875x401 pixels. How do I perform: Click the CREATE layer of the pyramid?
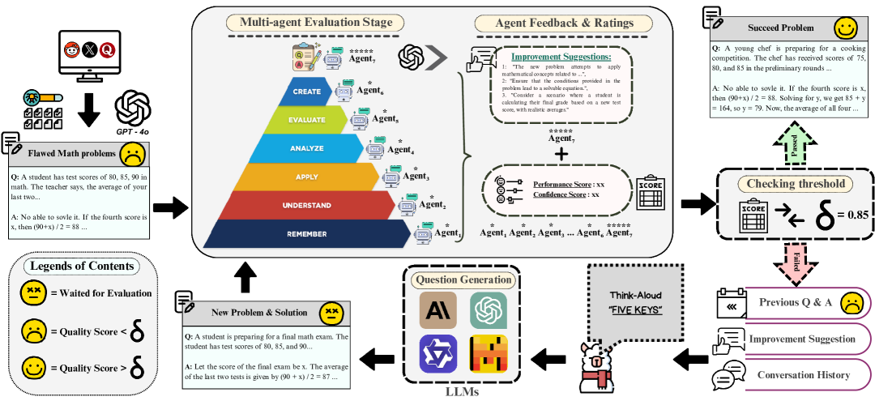[x=307, y=91]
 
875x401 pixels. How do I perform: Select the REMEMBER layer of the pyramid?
[x=307, y=234]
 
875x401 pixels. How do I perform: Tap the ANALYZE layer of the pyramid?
[x=307, y=148]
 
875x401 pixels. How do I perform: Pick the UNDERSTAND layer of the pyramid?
[x=307, y=206]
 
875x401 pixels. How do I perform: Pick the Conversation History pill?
[x=803, y=374]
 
